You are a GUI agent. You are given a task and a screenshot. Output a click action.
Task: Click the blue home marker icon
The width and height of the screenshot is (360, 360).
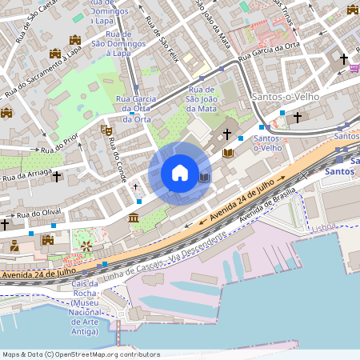pyautogui.click(x=180, y=172)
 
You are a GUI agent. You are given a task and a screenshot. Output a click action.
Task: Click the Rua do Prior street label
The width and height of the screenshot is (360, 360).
pyautogui.click(x=59, y=144)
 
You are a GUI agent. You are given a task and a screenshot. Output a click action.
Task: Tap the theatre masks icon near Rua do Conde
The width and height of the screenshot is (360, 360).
pyautogui.click(x=105, y=129)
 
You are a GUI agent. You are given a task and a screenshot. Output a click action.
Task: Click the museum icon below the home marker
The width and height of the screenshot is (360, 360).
pyautogui.click(x=133, y=218)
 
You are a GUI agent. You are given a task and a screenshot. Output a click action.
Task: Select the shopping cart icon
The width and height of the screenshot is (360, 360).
pyautogui.click(x=354, y=68)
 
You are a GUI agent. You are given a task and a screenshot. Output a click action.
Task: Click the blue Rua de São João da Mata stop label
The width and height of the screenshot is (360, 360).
pyautogui.click(x=202, y=98)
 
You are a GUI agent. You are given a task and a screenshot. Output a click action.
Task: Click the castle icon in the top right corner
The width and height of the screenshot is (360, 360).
pyautogui.click(x=353, y=10)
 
